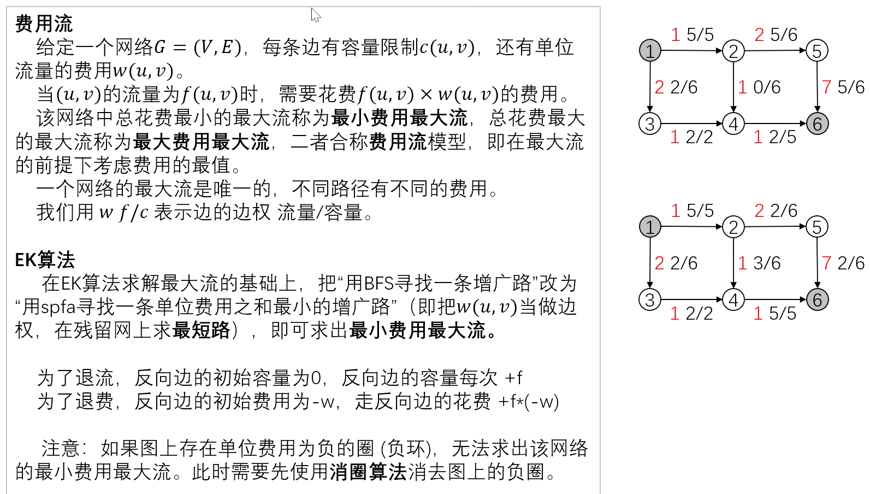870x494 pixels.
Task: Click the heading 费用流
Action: [x=44, y=23]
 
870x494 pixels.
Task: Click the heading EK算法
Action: [x=45, y=260]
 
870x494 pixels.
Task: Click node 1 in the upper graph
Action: [x=650, y=51]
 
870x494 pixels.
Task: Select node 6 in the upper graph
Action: [x=817, y=124]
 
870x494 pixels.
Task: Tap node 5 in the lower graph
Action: [x=817, y=227]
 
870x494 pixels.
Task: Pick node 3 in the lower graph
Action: [x=650, y=300]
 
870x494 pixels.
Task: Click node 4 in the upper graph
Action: [x=733, y=124]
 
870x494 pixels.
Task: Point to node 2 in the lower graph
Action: [x=733, y=227]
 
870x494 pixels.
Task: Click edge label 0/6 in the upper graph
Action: [x=767, y=87]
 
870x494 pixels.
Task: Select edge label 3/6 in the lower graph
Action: [x=767, y=263]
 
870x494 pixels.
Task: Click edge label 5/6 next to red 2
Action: [x=784, y=35]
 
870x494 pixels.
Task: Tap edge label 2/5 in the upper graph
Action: [x=782, y=137]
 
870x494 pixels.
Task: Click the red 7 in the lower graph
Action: [x=826, y=263]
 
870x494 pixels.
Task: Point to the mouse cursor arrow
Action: [x=315, y=14]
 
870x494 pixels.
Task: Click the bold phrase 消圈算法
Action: [x=368, y=472]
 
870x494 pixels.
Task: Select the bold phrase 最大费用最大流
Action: [x=201, y=142]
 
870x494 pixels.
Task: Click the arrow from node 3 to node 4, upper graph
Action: [x=691, y=124]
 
